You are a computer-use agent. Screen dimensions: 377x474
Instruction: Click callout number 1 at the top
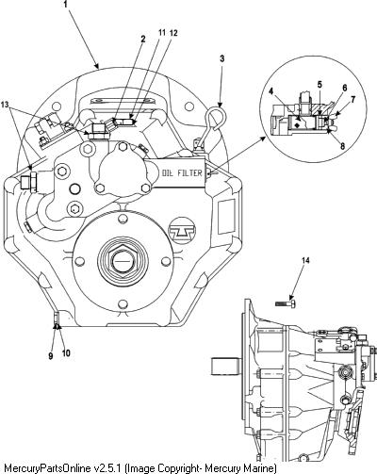(65, 5)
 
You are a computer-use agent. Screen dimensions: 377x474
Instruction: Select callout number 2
(143, 39)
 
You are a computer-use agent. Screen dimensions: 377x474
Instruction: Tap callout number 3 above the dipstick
(222, 58)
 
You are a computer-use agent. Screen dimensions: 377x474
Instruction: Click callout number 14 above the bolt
(305, 260)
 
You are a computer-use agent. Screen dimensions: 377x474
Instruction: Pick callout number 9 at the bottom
(51, 356)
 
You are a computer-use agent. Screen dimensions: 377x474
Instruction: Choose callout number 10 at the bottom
(66, 353)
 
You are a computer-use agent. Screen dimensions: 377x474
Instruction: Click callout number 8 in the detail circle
(342, 146)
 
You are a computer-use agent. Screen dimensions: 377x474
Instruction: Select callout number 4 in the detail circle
(271, 91)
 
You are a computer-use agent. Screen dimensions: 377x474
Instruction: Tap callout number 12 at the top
(173, 33)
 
